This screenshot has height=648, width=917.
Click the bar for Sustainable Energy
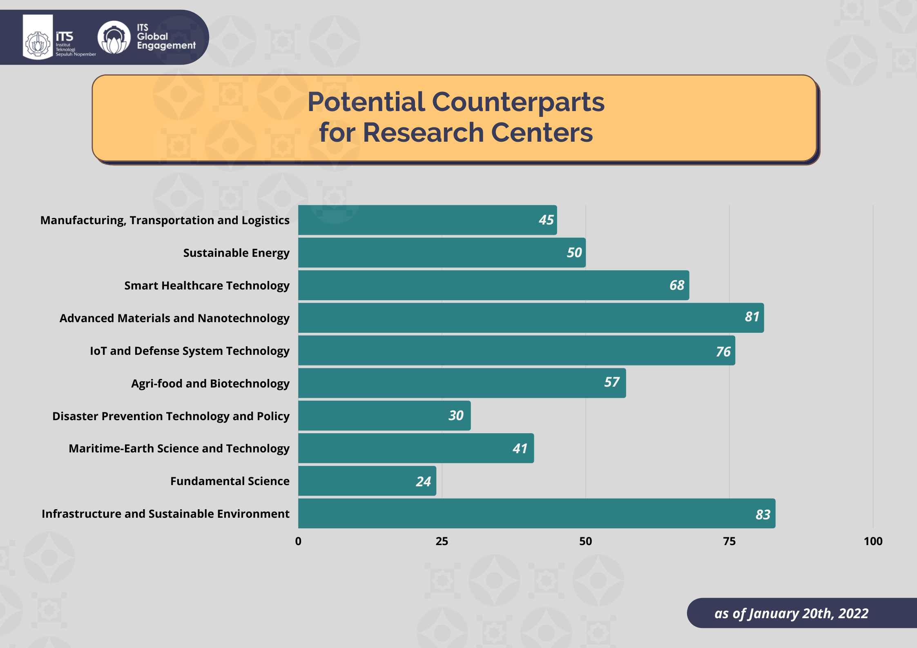point(441,253)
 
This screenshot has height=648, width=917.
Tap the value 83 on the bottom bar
point(763,514)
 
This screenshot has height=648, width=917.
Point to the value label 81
point(752,317)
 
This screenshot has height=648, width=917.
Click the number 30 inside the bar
point(456,416)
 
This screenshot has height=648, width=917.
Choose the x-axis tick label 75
point(729,541)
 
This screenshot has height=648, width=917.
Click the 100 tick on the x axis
point(873,541)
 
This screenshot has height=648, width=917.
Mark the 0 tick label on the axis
point(298,541)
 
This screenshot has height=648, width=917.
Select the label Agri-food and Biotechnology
point(210,384)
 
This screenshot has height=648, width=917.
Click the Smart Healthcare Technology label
point(207,286)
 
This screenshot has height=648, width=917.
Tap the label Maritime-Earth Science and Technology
point(179,449)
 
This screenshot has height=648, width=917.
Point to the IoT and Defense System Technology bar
point(516,351)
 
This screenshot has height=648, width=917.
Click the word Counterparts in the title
point(518,102)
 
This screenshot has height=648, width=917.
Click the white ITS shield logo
point(38,38)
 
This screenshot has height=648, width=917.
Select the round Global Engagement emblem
point(114,38)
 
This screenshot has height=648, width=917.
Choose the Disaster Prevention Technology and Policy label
point(171,416)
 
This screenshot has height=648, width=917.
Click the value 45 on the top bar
point(546,220)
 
